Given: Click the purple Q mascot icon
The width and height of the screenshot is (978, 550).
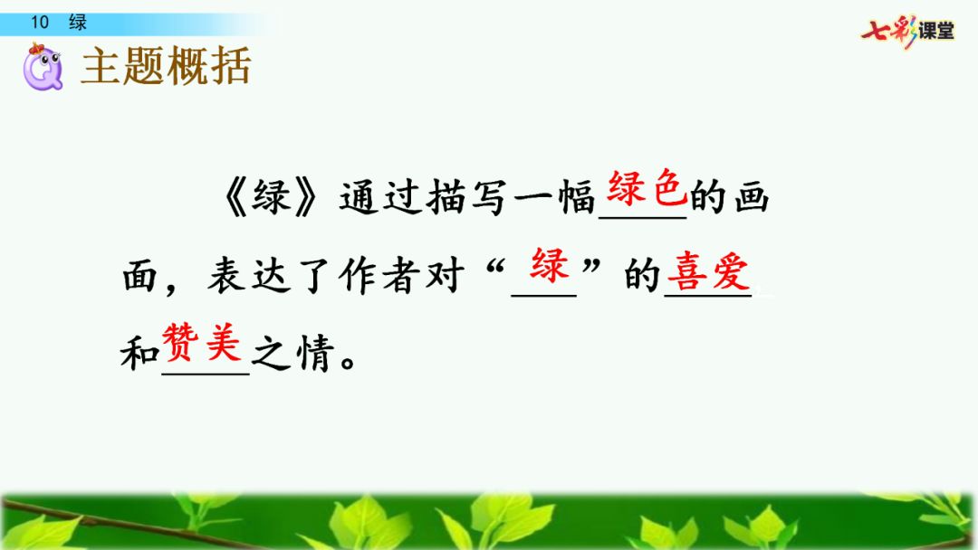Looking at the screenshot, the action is point(43,67).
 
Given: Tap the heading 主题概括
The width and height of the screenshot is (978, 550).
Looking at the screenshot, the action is point(166,66).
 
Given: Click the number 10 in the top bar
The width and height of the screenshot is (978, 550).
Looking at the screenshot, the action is point(40,23).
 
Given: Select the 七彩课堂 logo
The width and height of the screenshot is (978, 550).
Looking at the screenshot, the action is point(907,31).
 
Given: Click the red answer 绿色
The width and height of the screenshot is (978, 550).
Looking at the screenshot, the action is point(647,187).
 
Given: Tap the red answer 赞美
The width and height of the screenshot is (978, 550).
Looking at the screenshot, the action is point(201,342).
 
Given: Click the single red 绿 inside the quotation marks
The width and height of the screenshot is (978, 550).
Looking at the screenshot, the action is point(550,265).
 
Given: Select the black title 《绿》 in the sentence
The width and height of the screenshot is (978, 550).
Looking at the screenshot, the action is point(271,198).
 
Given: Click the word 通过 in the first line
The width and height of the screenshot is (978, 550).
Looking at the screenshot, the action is point(381,198).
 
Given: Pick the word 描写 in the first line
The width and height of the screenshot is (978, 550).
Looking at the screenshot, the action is point(466,198).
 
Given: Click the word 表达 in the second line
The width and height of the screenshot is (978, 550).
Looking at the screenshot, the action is point(249,275).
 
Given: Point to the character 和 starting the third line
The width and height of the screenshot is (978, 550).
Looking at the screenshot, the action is point(139,353).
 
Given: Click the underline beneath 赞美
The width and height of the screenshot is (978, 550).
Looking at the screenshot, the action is point(206,374).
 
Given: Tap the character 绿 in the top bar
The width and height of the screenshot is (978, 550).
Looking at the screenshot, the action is point(78,23).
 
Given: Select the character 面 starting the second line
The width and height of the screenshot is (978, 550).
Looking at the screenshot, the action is point(139,275).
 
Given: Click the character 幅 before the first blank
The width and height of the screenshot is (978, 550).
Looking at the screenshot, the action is point(576,198).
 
